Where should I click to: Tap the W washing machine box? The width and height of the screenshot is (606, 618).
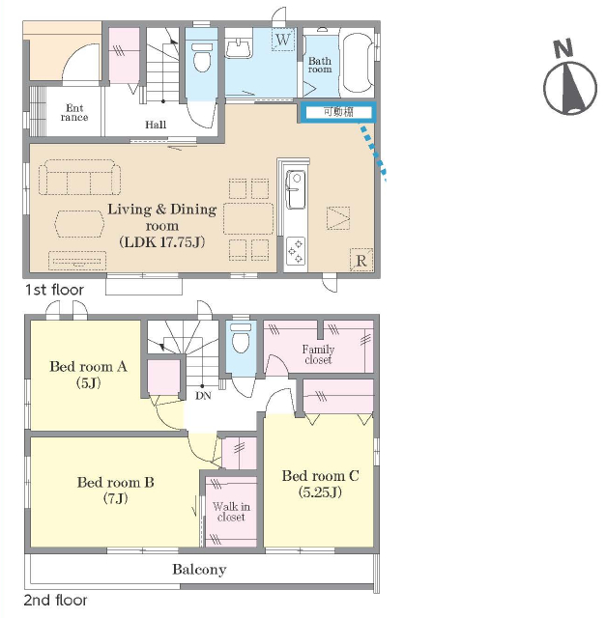[x=283, y=40]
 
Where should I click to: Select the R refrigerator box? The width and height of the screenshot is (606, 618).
[x=361, y=260]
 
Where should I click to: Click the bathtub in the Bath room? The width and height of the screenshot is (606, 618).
[x=358, y=64]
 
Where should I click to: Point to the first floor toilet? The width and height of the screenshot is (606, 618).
[x=202, y=58]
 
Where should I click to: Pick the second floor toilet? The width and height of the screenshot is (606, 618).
[x=241, y=338]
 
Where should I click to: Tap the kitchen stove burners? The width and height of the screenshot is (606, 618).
[x=296, y=250]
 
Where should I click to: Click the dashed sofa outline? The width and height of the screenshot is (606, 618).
[x=79, y=178]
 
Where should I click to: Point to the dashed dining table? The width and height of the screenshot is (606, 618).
[x=248, y=219]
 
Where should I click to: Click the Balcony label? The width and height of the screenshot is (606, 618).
[x=199, y=570]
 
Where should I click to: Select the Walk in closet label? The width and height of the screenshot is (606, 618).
[x=231, y=512]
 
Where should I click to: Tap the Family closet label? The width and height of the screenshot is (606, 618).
[x=318, y=354]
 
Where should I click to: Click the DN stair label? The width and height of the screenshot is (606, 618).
[x=203, y=396]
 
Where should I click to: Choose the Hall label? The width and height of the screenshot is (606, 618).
[x=156, y=125]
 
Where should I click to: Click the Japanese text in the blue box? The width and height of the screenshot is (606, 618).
[x=338, y=112]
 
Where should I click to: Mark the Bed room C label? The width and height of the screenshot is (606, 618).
[x=320, y=484]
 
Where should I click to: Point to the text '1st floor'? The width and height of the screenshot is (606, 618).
[x=54, y=290]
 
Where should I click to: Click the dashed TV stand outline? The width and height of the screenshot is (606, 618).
[x=77, y=260]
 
